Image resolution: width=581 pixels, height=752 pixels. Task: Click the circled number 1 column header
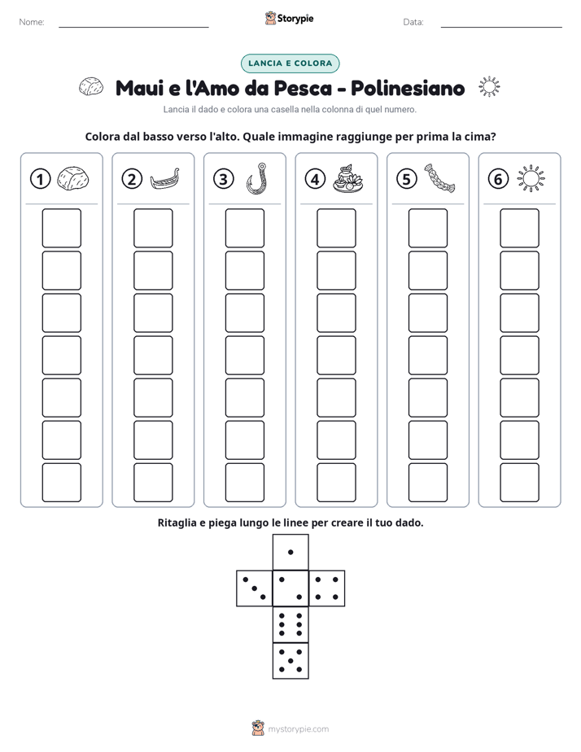(40, 179)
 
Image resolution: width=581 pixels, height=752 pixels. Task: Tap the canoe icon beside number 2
(165, 179)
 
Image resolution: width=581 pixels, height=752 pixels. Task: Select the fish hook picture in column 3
(257, 178)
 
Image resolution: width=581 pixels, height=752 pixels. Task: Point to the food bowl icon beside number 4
(348, 179)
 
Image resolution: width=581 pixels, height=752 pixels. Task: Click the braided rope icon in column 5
(439, 178)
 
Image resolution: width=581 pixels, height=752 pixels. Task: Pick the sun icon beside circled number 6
(531, 179)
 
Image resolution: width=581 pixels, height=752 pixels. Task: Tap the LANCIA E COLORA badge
(290, 63)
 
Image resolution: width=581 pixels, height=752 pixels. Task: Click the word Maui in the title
(139, 88)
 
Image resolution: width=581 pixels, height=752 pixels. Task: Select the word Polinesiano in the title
(408, 88)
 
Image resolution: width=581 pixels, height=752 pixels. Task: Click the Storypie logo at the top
(290, 19)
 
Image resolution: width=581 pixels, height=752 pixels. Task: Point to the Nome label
(32, 22)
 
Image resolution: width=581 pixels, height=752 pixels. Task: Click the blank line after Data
(501, 27)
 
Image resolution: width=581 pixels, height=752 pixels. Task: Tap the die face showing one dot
(290, 553)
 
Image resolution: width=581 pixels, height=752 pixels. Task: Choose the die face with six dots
(290, 624)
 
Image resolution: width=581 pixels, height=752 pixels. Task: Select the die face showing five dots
(290, 661)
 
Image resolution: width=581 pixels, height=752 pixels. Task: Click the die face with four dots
(327, 588)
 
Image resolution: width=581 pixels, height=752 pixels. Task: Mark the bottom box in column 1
(61, 483)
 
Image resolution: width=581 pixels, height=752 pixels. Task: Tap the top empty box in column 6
(520, 228)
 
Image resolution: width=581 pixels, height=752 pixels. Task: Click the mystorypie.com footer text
(298, 729)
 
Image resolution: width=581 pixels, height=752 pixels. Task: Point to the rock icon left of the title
(91, 87)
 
